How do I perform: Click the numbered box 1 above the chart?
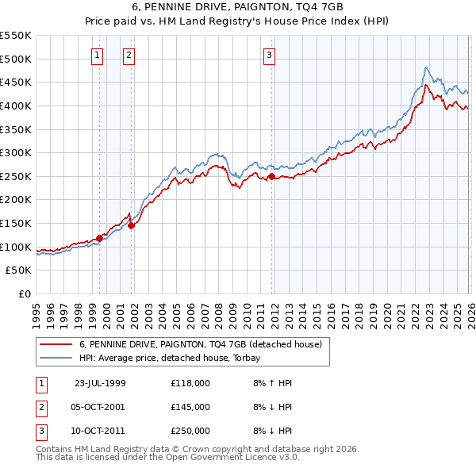pos(97,55)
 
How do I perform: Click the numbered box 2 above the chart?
pos(128,55)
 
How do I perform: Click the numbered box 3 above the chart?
pos(269,55)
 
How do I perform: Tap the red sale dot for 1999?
pos(100,237)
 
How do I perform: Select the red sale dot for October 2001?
pos(131,225)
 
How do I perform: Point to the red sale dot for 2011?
pos(271,176)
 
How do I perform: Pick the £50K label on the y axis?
pos(19,270)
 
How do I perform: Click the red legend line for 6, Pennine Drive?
pos(56,345)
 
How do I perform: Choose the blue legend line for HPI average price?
pos(56,358)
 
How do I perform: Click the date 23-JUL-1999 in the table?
pos(100,382)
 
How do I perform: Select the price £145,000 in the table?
pos(190,407)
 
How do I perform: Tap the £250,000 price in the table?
pos(190,431)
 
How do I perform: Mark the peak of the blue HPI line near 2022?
pos(426,67)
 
